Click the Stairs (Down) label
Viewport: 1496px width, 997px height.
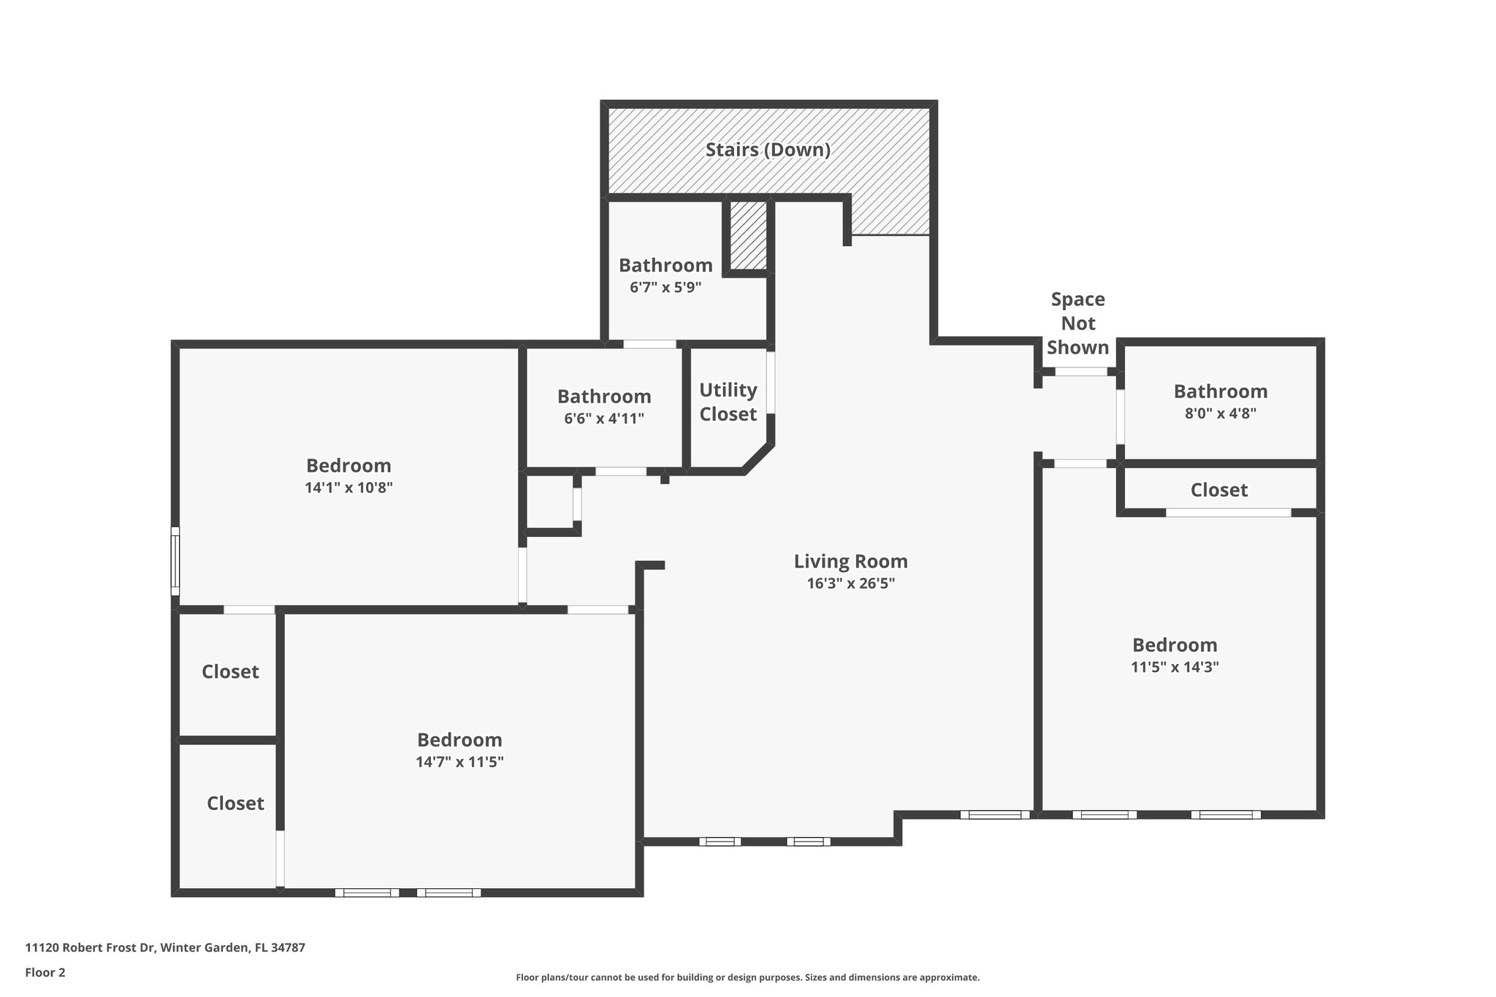click(768, 150)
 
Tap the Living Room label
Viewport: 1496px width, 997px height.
click(850, 561)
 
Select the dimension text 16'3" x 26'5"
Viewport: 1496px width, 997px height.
click(850, 584)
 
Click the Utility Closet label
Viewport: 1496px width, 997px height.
click(728, 402)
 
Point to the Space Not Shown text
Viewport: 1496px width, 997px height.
click(1077, 323)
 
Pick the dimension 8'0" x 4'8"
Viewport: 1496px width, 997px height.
click(1220, 413)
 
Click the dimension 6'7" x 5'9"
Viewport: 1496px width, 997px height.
click(665, 288)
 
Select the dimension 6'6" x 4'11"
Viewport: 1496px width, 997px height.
click(604, 419)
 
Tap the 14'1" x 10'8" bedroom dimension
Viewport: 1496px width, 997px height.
click(348, 488)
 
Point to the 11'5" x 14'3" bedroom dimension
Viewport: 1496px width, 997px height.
click(1175, 667)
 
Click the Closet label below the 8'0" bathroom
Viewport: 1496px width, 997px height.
click(1218, 490)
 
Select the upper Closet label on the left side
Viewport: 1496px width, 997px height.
click(230, 671)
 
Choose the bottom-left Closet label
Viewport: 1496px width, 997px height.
click(235, 803)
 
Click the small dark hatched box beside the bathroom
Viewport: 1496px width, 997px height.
click(748, 235)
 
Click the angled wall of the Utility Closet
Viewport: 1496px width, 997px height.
click(757, 458)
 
